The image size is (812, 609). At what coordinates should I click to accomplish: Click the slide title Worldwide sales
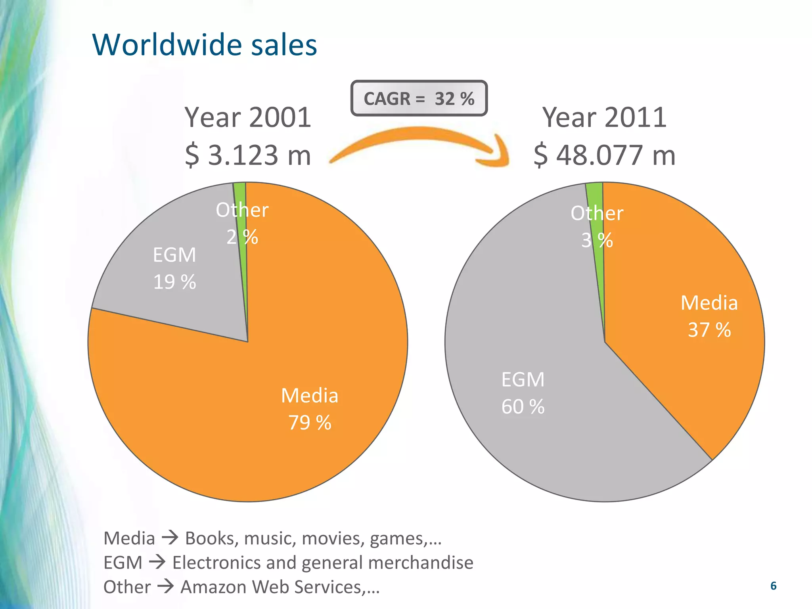pos(205,45)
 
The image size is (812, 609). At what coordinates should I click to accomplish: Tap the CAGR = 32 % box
pos(419,98)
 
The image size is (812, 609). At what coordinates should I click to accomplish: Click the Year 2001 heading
pos(248,117)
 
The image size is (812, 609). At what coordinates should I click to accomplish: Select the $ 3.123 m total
pos(248,155)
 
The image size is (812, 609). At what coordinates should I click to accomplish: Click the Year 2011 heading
pos(604,117)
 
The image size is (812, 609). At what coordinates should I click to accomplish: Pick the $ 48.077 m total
pos(604,155)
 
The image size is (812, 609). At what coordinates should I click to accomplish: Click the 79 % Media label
pos(310,422)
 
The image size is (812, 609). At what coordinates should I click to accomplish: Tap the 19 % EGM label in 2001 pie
pos(174,282)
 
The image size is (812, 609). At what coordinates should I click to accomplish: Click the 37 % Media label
pos(709,330)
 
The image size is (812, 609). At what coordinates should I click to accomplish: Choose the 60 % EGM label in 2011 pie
pos(523,406)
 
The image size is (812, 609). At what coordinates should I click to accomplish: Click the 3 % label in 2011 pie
pos(597,240)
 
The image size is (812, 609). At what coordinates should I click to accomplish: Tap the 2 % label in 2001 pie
pos(242,237)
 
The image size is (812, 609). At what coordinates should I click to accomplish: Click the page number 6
pos(773,586)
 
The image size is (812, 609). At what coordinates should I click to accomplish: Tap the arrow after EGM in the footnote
pos(157,562)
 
